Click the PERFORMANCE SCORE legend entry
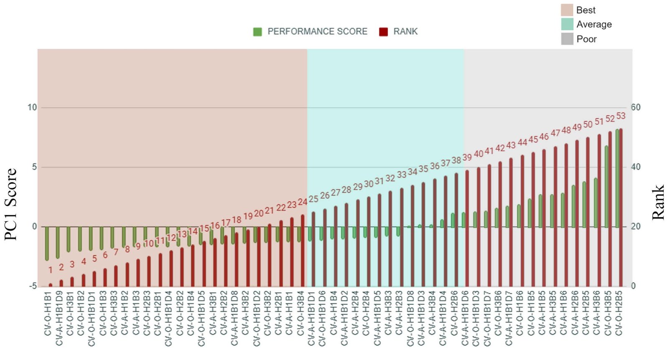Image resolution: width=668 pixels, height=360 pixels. (x=311, y=31)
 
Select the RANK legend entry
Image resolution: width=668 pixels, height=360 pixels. (x=399, y=31)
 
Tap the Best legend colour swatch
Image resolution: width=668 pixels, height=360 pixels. (x=567, y=10)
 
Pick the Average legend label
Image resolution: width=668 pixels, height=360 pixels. (x=594, y=24)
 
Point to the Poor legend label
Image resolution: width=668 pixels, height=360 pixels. (x=587, y=39)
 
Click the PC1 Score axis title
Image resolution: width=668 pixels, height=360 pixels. (x=11, y=204)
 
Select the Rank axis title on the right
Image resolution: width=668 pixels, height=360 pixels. (x=658, y=203)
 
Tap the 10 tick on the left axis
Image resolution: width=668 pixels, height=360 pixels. (x=32, y=107)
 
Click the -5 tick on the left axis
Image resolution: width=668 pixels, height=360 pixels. (x=33, y=286)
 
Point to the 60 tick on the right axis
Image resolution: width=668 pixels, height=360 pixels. (x=635, y=107)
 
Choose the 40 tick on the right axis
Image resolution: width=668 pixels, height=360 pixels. (x=635, y=167)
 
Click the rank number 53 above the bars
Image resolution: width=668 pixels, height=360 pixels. (x=621, y=116)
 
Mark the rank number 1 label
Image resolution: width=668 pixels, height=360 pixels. (x=51, y=270)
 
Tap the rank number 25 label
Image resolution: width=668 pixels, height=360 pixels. (x=314, y=198)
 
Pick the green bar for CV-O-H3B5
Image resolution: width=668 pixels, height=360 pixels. (x=607, y=186)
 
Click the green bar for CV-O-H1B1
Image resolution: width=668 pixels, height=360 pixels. (x=47, y=243)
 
